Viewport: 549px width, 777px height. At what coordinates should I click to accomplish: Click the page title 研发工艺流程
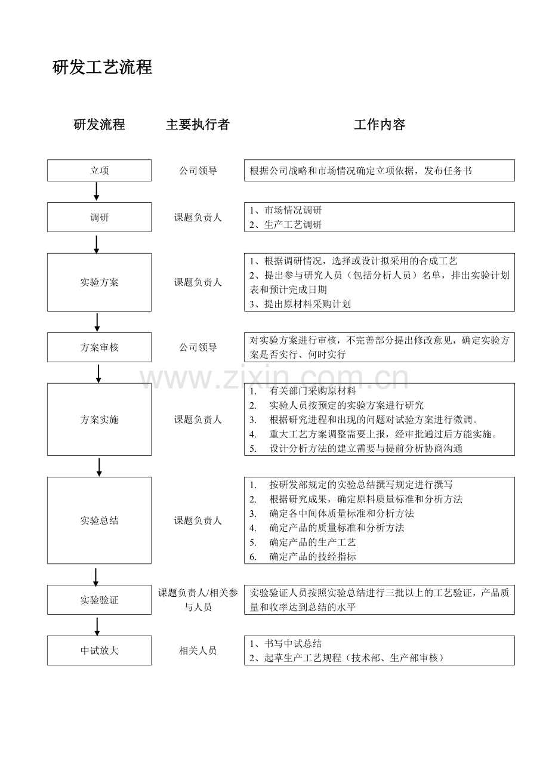pyautogui.click(x=102, y=67)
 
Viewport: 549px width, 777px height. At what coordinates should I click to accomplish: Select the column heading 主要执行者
pyautogui.click(x=198, y=125)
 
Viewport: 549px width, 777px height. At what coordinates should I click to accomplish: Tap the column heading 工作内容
pyautogui.click(x=380, y=125)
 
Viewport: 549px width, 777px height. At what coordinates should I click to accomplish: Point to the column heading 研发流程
pyautogui.click(x=99, y=125)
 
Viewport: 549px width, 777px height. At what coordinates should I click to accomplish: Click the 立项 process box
pyautogui.click(x=99, y=170)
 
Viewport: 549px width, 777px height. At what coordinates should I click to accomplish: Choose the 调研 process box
pyautogui.click(x=99, y=217)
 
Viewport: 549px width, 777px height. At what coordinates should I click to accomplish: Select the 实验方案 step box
pyautogui.click(x=99, y=282)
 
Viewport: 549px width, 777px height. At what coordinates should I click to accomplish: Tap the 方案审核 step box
pyautogui.click(x=99, y=347)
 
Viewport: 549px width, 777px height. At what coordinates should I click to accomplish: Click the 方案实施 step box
pyautogui.click(x=99, y=420)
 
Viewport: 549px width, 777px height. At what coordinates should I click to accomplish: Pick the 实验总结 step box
pyautogui.click(x=99, y=520)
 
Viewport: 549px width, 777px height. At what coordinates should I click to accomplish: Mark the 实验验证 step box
pyautogui.click(x=99, y=600)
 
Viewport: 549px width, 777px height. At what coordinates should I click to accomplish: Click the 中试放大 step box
pyautogui.click(x=99, y=650)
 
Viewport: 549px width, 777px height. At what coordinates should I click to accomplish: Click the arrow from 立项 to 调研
pyautogui.click(x=97, y=192)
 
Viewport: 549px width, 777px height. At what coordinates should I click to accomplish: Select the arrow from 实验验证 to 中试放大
pyautogui.click(x=97, y=625)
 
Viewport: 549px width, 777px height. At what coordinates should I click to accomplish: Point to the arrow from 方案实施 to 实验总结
pyautogui.click(x=99, y=467)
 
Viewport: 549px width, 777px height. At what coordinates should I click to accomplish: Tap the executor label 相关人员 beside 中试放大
pyautogui.click(x=198, y=650)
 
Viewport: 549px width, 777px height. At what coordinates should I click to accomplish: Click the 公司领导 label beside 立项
pyautogui.click(x=198, y=170)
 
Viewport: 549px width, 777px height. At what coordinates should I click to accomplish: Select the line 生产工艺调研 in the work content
pyautogui.click(x=285, y=225)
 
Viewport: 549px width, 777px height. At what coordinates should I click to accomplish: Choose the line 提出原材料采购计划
pyautogui.click(x=300, y=304)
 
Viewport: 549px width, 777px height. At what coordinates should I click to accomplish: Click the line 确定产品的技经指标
pyautogui.click(x=303, y=557)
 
